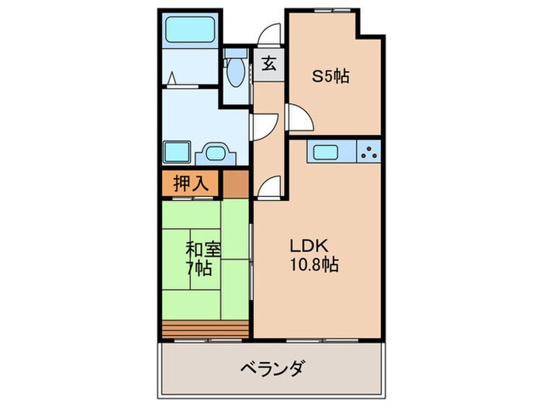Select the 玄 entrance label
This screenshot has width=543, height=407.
pos(268,64)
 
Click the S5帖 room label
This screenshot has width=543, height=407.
pos(330,76)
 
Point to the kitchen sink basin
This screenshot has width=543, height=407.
pos(323,150)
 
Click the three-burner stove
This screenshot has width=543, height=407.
pos(369,151)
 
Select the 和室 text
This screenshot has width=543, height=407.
pos(203,250)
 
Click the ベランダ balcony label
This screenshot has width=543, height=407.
pos(271,367)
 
